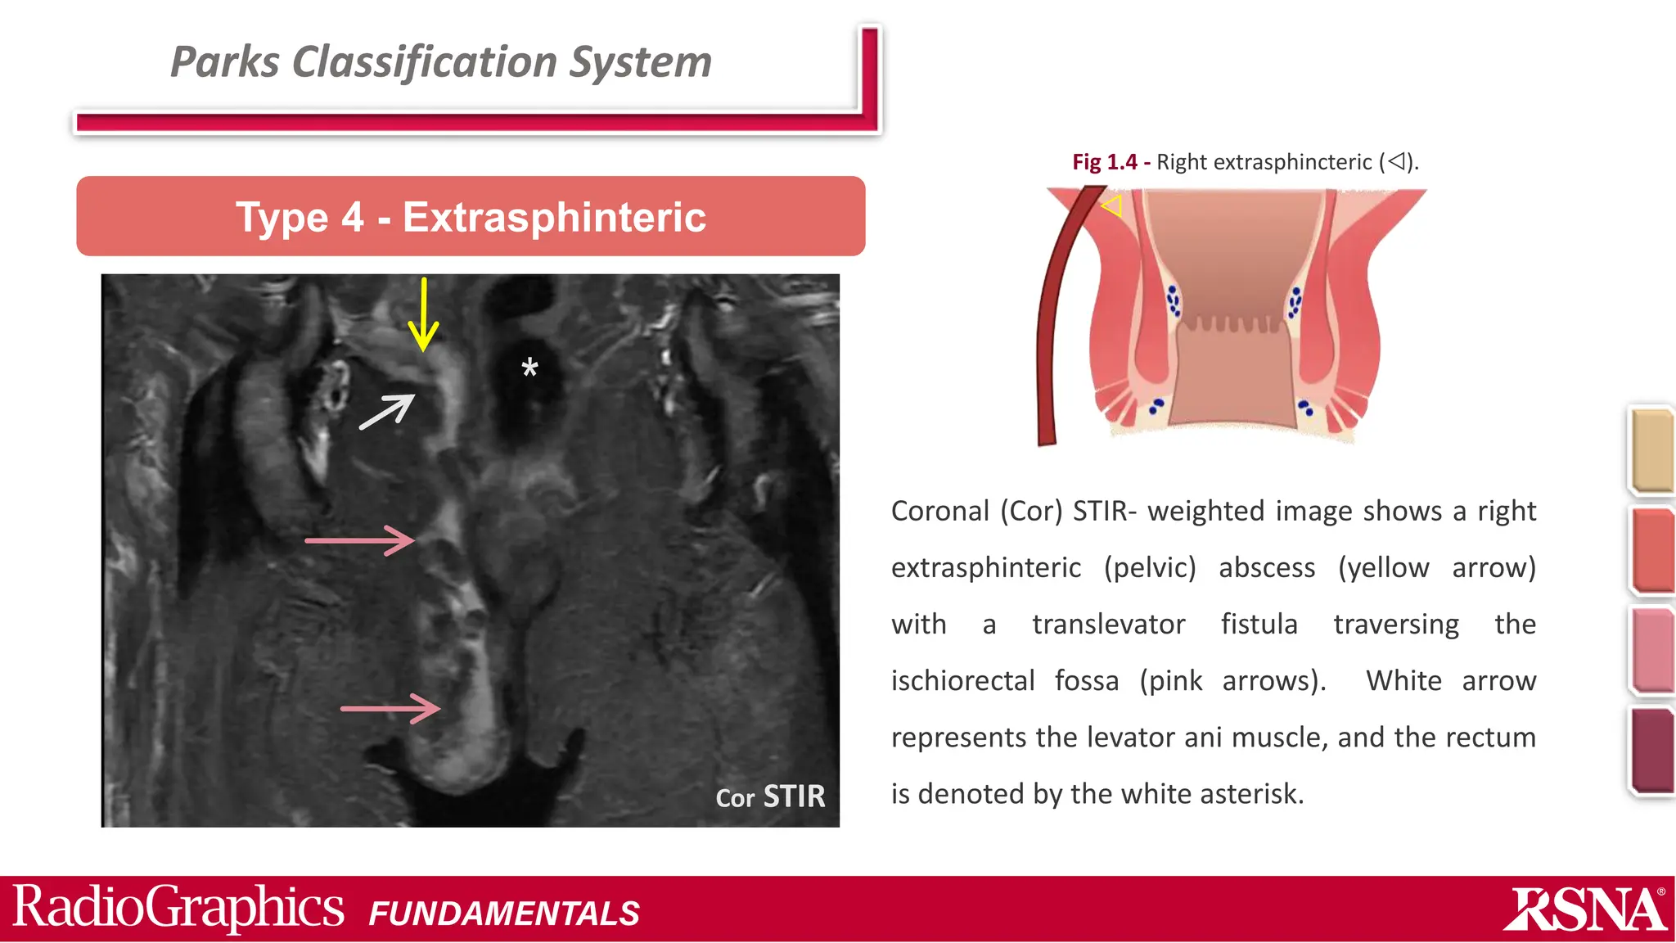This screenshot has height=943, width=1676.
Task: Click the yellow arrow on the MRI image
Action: tap(423, 315)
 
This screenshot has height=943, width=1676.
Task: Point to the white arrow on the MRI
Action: tap(387, 412)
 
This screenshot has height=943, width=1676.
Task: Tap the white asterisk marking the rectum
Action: tap(530, 368)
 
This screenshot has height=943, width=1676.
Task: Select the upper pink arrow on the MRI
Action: tap(360, 540)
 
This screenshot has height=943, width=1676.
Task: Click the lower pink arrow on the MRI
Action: tap(390, 708)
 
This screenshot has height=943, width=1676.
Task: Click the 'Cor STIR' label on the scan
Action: tap(770, 796)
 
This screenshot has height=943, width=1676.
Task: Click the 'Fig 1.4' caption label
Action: tap(1104, 162)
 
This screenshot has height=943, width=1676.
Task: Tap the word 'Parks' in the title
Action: tap(224, 62)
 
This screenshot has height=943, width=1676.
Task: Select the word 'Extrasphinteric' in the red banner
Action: tap(554, 217)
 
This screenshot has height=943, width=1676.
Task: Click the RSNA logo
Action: tap(1584, 909)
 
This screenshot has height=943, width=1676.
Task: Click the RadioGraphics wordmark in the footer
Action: tap(178, 908)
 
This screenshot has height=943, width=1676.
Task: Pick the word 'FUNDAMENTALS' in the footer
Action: tap(504, 914)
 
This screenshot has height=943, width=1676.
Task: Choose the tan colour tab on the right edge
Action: tap(1651, 450)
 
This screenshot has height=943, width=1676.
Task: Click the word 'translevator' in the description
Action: tap(1108, 625)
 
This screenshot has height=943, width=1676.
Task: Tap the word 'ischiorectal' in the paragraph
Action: tap(962, 681)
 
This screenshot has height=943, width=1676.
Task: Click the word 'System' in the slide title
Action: tap(640, 62)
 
